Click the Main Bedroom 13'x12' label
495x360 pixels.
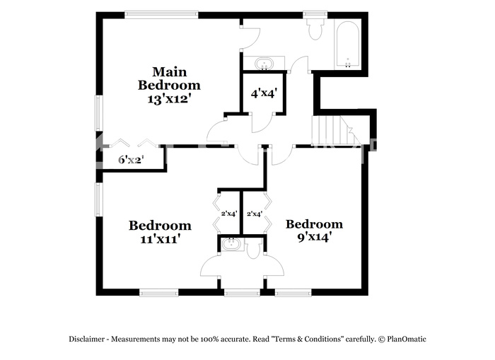(169, 85)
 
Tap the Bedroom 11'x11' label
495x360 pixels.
(160, 232)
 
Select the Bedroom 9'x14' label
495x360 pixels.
(314, 231)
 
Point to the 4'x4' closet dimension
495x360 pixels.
(264, 93)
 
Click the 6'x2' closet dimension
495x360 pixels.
(131, 160)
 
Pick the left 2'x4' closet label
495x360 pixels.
(229, 214)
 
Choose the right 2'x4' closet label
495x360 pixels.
(255, 214)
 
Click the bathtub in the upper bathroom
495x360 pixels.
(348, 45)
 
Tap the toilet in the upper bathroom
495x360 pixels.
(315, 28)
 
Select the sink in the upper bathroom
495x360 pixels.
(264, 63)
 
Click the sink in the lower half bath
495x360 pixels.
(231, 244)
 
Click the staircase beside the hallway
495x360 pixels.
(336, 130)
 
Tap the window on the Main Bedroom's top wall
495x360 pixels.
(161, 14)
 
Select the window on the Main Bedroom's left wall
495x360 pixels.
(99, 113)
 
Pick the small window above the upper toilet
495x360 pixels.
(315, 14)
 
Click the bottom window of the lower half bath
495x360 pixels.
(242, 294)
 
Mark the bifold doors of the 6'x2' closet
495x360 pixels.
(133, 143)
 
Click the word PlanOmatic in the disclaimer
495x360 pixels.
(407, 339)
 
